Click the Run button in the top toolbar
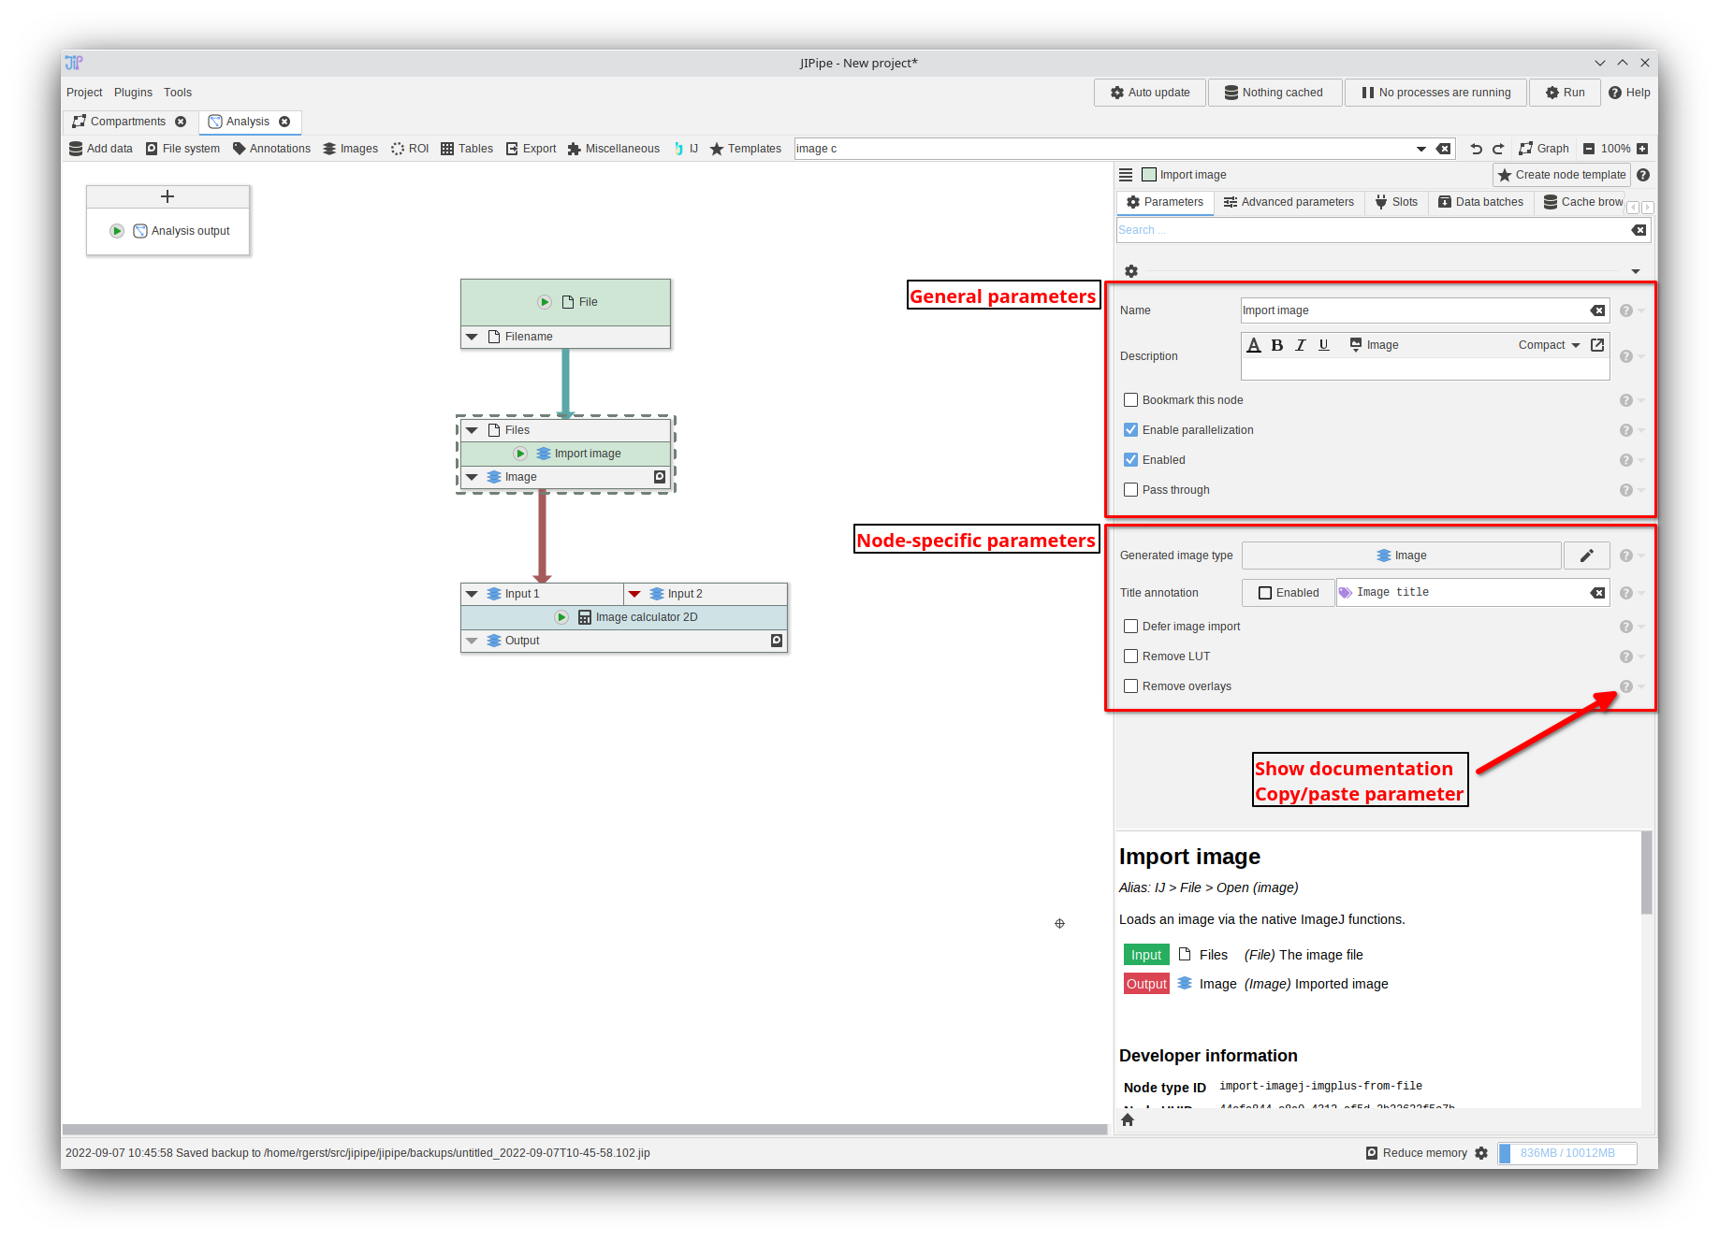[x=1565, y=93]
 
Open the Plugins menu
[x=133, y=93]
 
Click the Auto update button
[x=1150, y=93]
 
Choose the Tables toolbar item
[x=467, y=149]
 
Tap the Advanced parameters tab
[x=1289, y=202]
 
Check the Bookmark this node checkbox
[x=1131, y=400]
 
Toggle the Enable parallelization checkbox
[x=1131, y=430]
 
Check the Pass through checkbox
[x=1131, y=490]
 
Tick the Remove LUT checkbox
[x=1131, y=657]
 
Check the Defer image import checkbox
[x=1131, y=627]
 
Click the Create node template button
[x=1562, y=175]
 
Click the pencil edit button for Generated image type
[x=1586, y=556]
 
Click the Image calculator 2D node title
[x=646, y=617]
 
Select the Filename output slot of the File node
[x=529, y=337]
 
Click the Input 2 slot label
[x=685, y=594]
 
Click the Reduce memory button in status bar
[x=1417, y=1153]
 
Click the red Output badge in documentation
[x=1146, y=984]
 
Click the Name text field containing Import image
[x=1413, y=310]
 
